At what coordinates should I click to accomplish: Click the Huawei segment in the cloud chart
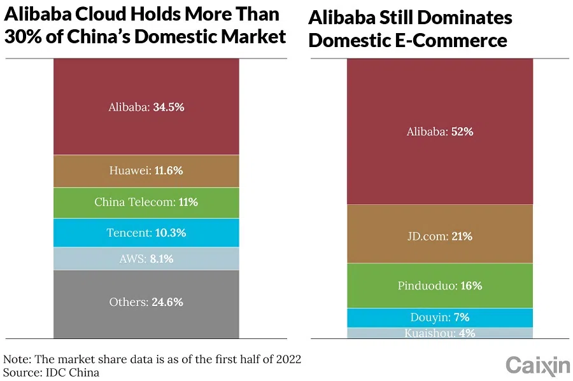point(146,170)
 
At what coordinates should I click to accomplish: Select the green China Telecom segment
point(146,202)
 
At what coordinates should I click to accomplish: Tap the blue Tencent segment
point(146,233)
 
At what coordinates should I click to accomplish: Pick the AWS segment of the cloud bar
point(146,259)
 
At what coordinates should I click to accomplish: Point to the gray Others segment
point(146,303)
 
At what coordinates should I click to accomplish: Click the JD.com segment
point(439,236)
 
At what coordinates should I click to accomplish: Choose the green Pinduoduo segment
point(439,286)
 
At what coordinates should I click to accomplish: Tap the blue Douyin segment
point(439,317)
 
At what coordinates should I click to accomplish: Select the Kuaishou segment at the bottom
point(439,333)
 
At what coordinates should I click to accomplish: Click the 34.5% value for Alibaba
point(168,107)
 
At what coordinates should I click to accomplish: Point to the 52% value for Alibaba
point(462,132)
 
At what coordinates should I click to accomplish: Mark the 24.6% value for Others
point(167,302)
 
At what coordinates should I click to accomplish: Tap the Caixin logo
point(538,365)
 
